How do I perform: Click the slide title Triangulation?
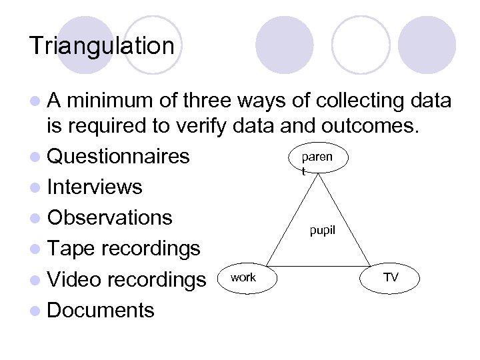click(101, 47)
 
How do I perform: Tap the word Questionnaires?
click(119, 157)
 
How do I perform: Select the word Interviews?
click(95, 187)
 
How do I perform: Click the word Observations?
click(110, 218)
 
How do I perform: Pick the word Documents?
click(101, 310)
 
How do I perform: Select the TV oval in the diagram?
click(391, 277)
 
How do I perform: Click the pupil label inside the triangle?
click(323, 232)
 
